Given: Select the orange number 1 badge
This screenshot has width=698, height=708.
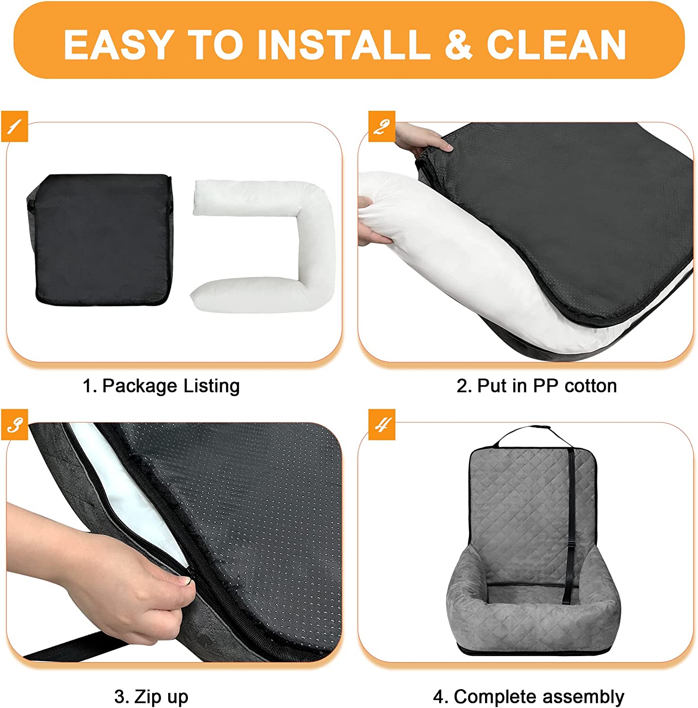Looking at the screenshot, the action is point(15,126).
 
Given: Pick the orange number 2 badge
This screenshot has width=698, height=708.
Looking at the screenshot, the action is point(382,126).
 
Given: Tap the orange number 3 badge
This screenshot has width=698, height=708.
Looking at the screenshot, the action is point(15,424).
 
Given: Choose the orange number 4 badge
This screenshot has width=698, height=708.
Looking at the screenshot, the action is point(382,424).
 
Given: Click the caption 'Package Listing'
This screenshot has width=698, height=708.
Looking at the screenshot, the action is point(171,386).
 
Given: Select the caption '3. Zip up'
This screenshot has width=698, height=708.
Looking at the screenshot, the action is point(151,697).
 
